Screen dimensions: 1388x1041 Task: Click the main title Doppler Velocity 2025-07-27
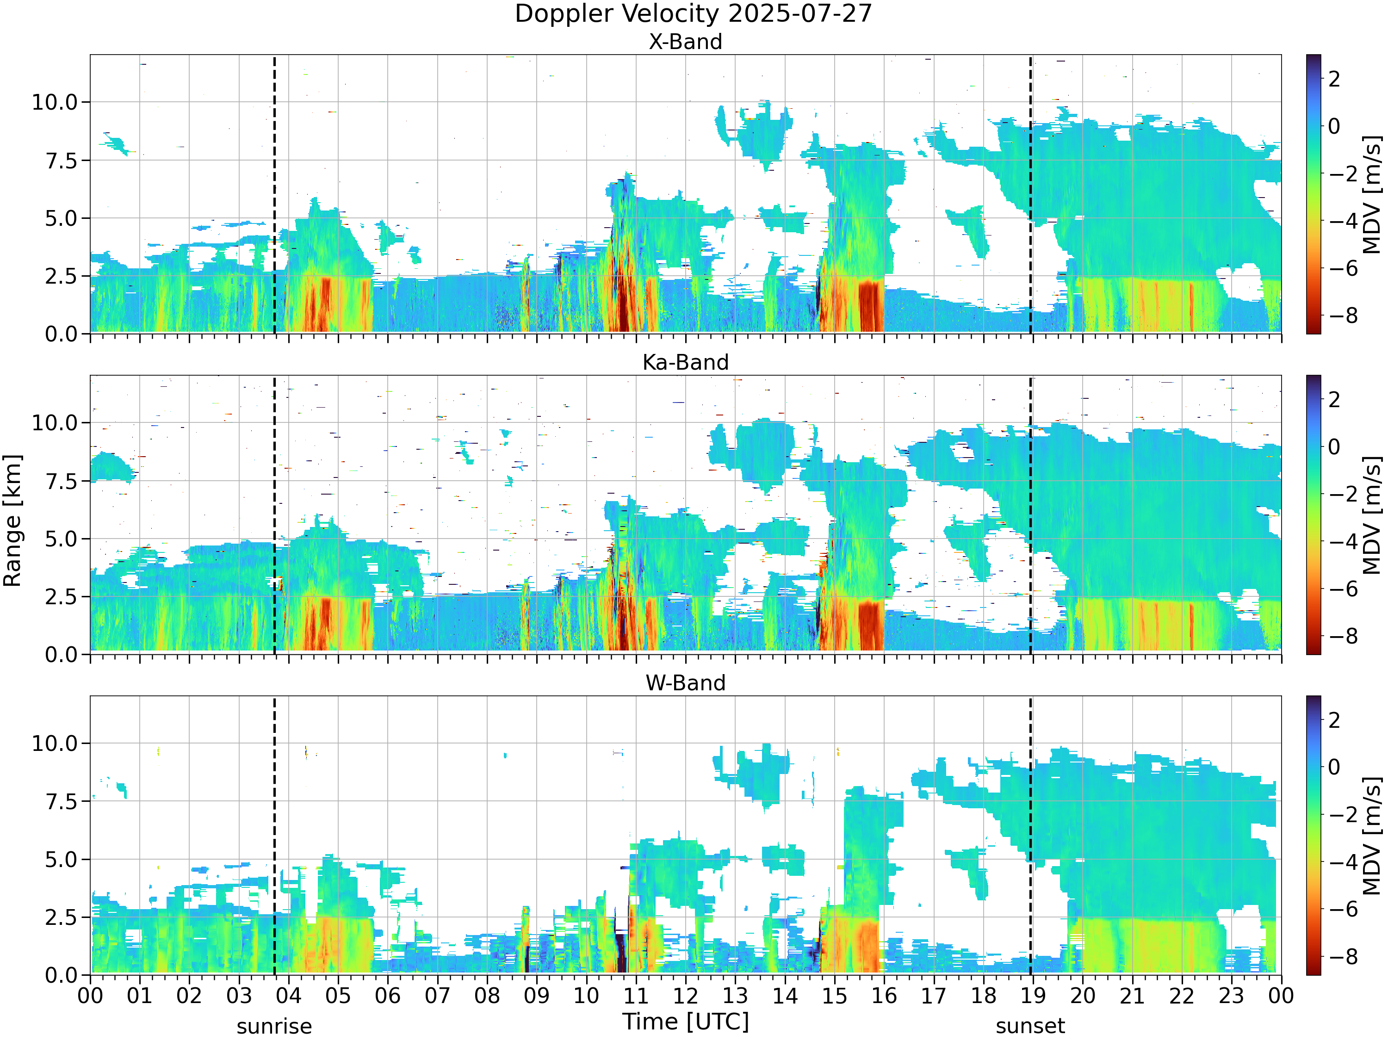pyautogui.click(x=694, y=14)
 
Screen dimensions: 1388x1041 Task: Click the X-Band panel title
pyautogui.click(x=685, y=42)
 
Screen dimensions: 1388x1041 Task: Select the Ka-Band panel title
pyautogui.click(x=685, y=363)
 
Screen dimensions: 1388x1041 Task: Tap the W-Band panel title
pyautogui.click(x=685, y=683)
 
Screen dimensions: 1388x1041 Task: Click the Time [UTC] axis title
pyautogui.click(x=686, y=1022)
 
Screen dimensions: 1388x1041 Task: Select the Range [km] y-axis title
pyautogui.click(x=12, y=521)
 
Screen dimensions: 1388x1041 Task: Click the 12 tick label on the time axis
pyautogui.click(x=685, y=996)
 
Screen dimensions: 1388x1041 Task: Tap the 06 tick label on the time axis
pyautogui.click(x=388, y=996)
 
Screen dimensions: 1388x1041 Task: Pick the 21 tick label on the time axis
pyautogui.click(x=1132, y=996)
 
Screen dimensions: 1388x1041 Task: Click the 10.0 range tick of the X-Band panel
pyautogui.click(x=55, y=102)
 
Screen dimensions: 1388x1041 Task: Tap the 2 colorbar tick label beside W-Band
pyautogui.click(x=1334, y=720)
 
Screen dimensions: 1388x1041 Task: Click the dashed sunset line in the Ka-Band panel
pyautogui.click(x=1030, y=515)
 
